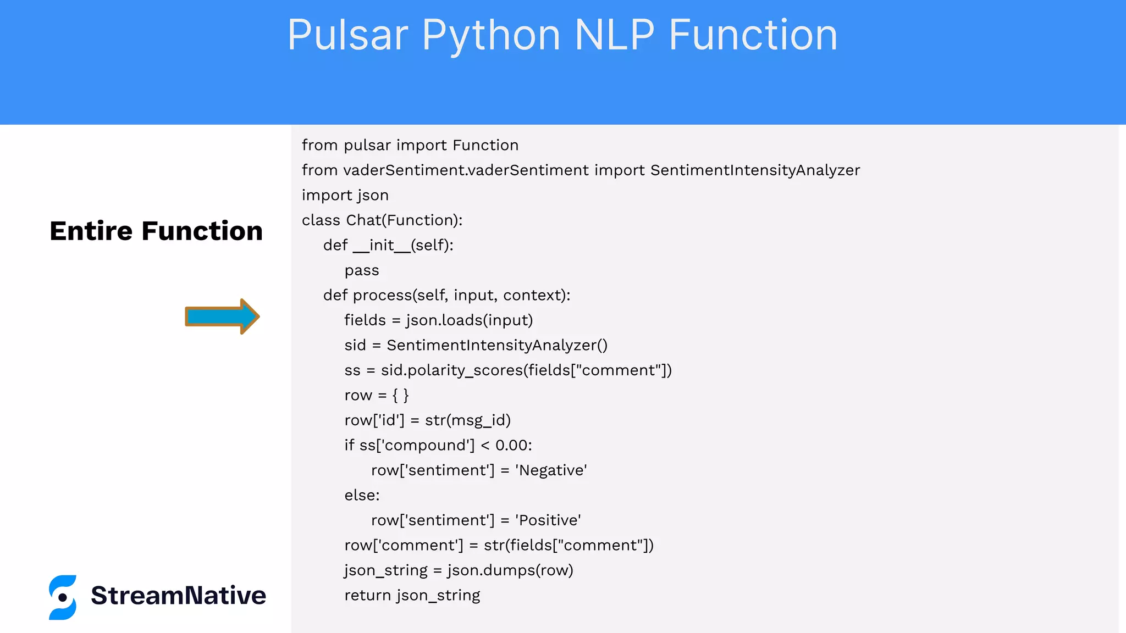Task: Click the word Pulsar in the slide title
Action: coord(347,35)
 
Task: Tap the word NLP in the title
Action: coord(614,35)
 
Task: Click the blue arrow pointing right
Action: coord(222,316)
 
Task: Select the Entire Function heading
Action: coord(156,231)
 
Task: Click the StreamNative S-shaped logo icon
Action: coord(63,597)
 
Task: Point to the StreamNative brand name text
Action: coord(178,596)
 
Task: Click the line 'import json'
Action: coord(345,195)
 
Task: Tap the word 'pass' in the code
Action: coord(362,270)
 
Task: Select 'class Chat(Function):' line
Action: coord(382,220)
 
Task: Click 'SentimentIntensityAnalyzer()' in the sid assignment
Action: coord(497,345)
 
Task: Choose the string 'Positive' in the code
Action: coord(548,520)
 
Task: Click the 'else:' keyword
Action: coord(362,495)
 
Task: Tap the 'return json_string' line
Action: coord(412,596)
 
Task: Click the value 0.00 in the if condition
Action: coord(514,445)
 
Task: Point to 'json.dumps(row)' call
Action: coord(510,570)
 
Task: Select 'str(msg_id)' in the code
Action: coord(468,420)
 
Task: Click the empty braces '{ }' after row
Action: coord(400,395)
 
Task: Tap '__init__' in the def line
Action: coord(382,245)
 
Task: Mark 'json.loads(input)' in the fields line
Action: coord(470,320)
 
